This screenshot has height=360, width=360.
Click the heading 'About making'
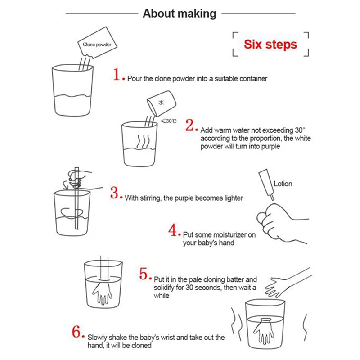pos(180,14)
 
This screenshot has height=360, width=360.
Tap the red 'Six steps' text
pos(270,44)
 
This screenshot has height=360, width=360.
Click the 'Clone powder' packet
pos(97,43)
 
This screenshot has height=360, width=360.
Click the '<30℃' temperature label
pos(169,121)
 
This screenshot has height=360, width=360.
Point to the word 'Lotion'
pos(283,184)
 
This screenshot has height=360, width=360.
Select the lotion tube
pos(267,184)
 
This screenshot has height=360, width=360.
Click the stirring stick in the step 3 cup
pos(76,198)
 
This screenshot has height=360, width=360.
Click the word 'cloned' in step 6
pos(141,345)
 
